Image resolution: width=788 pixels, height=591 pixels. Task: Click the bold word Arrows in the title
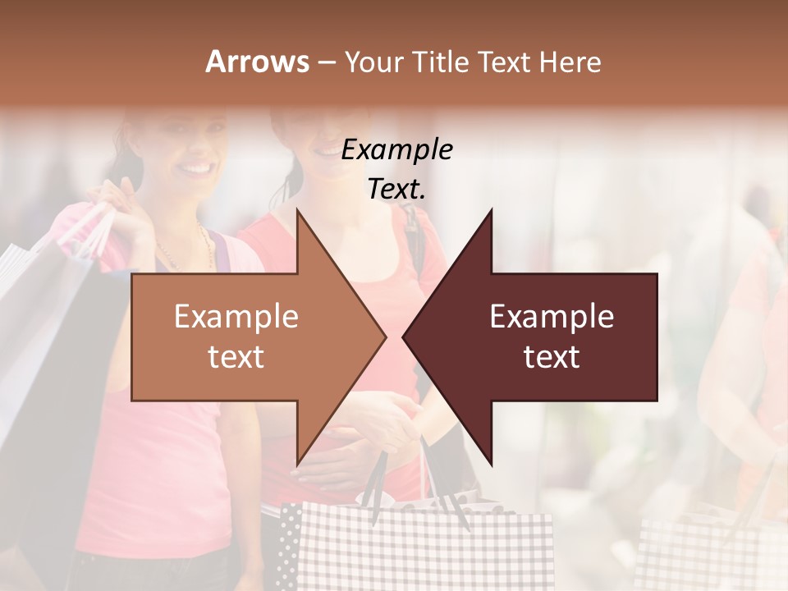(257, 62)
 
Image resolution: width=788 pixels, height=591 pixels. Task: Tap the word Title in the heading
(440, 62)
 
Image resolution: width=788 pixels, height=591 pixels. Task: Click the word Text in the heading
(505, 62)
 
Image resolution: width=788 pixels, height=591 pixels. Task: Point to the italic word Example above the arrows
(396, 150)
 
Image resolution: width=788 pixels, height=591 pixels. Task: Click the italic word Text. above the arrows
(396, 190)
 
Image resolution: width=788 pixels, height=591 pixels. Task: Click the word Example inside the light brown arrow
(236, 317)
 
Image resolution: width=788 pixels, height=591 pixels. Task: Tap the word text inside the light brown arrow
(236, 357)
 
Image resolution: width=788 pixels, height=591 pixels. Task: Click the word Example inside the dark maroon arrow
(552, 317)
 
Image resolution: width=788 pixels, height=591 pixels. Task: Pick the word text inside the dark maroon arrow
(552, 357)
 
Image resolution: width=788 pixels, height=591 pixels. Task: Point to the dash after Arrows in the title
(326, 62)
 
